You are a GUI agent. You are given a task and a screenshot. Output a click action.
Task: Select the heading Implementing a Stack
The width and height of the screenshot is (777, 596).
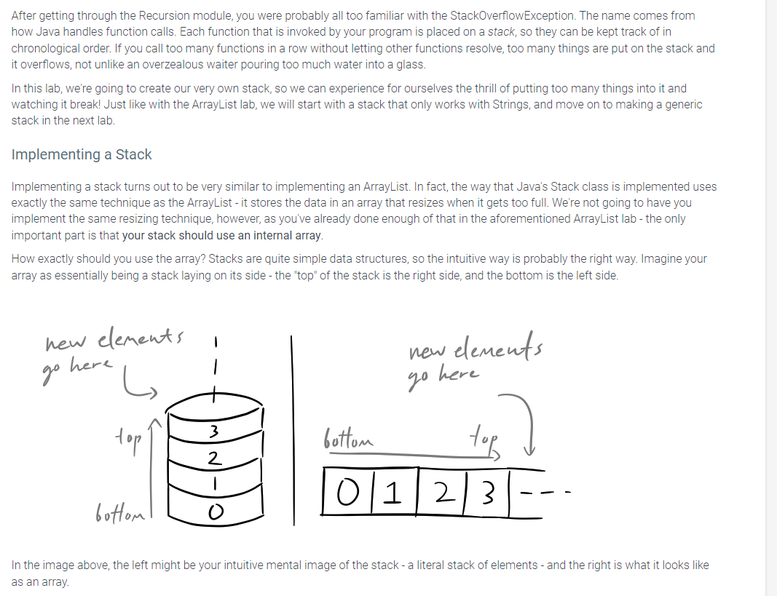82,154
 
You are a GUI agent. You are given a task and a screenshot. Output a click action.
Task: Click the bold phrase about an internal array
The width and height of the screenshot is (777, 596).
222,236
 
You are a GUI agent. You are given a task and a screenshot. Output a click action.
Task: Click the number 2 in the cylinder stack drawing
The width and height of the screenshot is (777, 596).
213,458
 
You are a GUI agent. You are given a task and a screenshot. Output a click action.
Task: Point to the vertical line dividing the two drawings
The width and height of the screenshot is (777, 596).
293,429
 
